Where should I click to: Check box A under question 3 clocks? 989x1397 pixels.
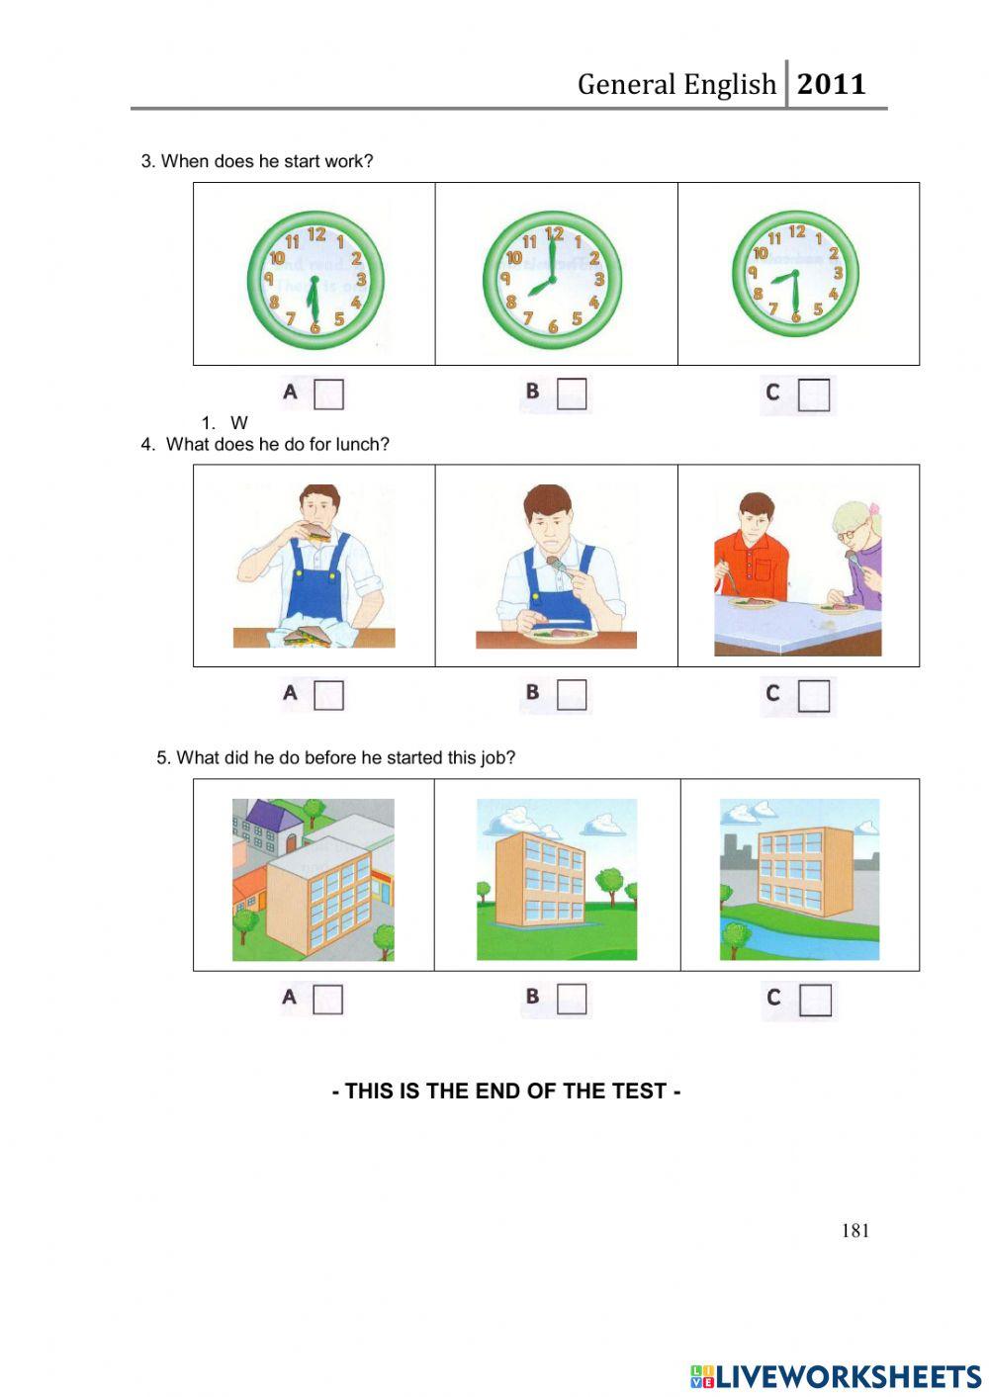[328, 394]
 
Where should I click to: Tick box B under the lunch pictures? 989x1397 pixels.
[572, 695]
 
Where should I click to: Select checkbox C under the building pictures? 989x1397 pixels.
[815, 1000]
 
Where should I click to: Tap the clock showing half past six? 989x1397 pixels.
[315, 281]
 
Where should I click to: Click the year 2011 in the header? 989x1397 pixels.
[831, 85]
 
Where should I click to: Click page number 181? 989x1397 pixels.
[855, 1231]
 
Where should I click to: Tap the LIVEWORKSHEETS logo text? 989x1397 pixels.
[847, 1376]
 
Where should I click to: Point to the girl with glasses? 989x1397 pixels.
[856, 554]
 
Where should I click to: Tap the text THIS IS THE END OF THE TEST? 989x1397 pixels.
[506, 1091]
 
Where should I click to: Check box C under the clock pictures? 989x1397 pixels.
[814, 395]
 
